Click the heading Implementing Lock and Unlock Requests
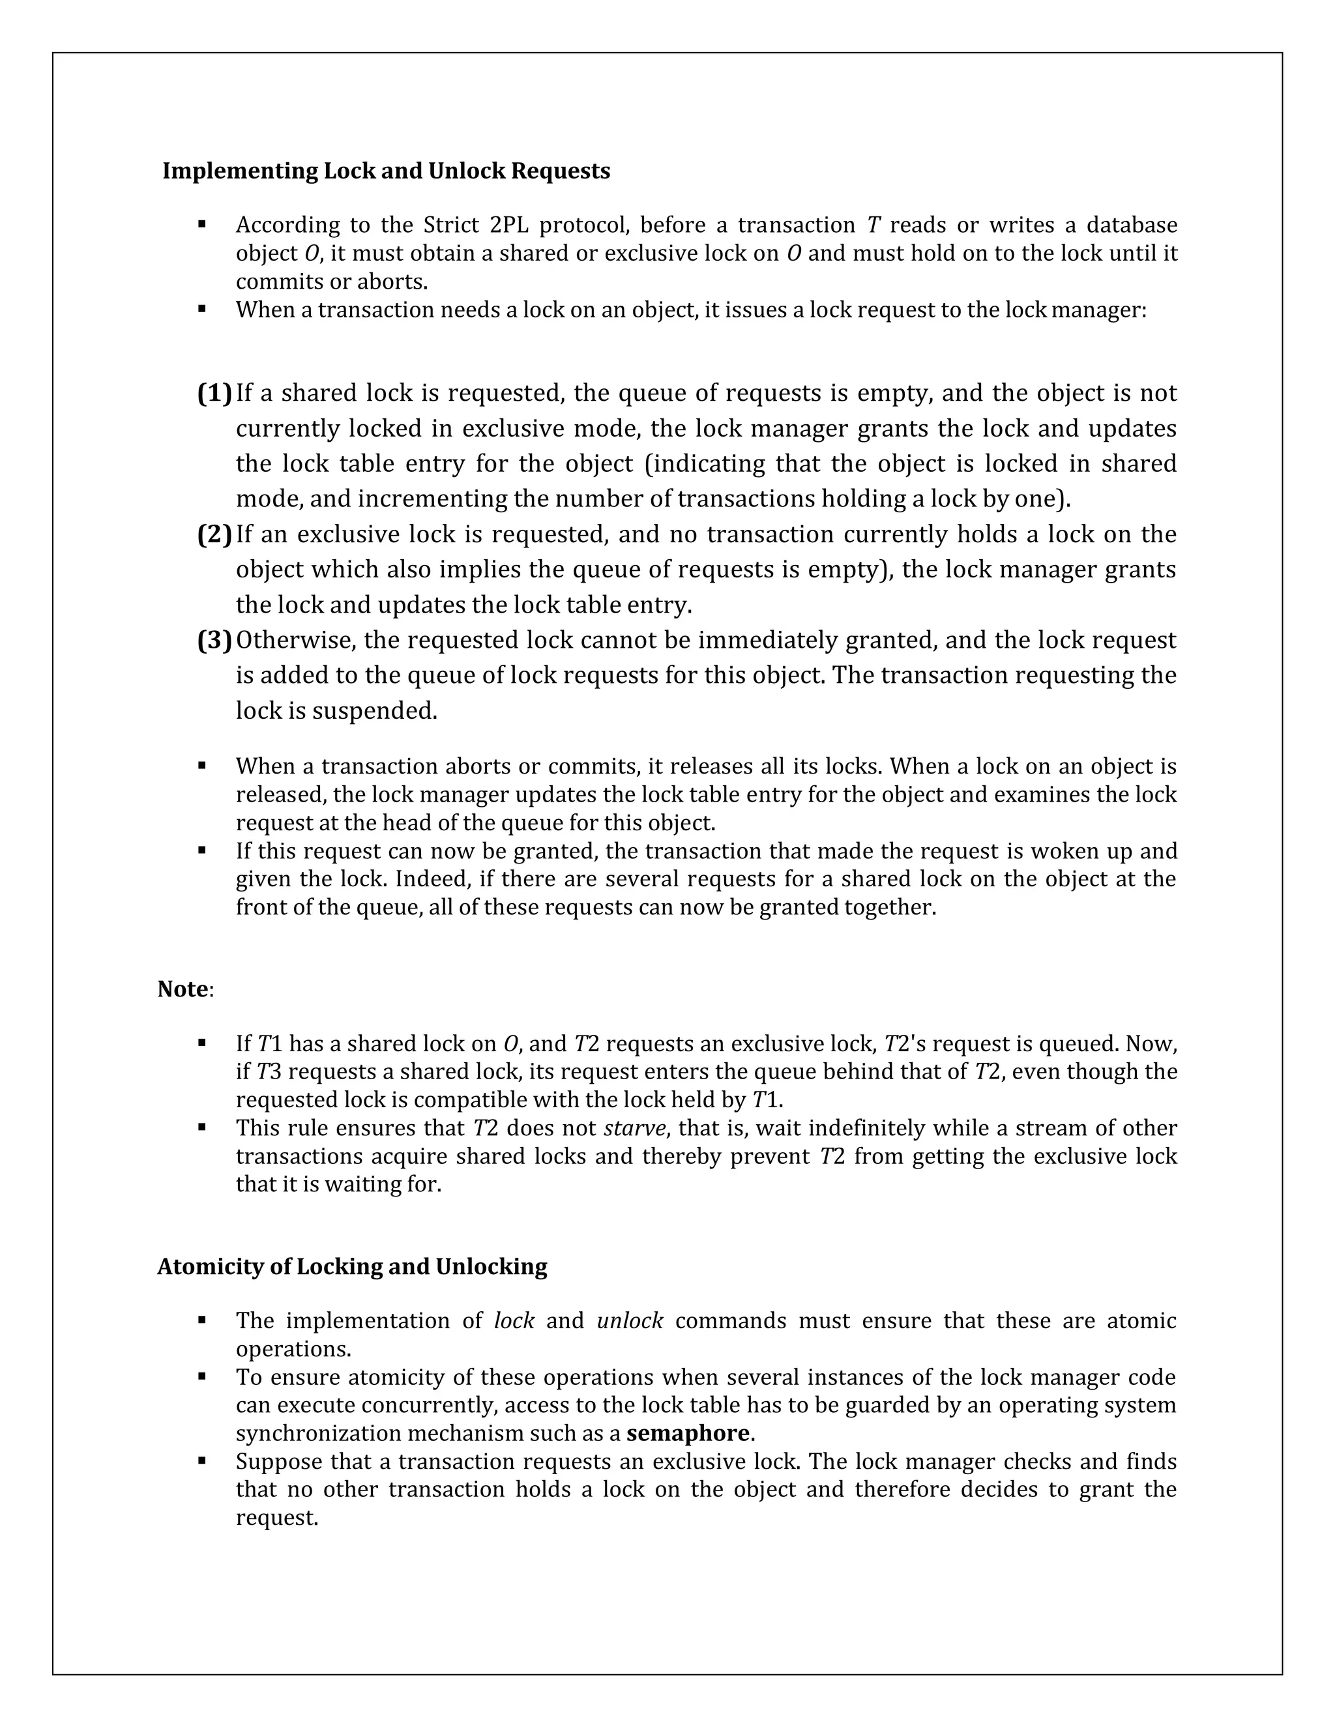click(x=386, y=171)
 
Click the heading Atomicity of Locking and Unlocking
click(x=352, y=1266)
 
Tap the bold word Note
click(x=183, y=989)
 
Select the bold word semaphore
click(x=687, y=1433)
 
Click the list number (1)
click(x=214, y=393)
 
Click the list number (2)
click(x=214, y=534)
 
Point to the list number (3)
click(x=214, y=640)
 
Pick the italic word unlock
click(x=630, y=1320)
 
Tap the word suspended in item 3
click(x=374, y=711)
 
